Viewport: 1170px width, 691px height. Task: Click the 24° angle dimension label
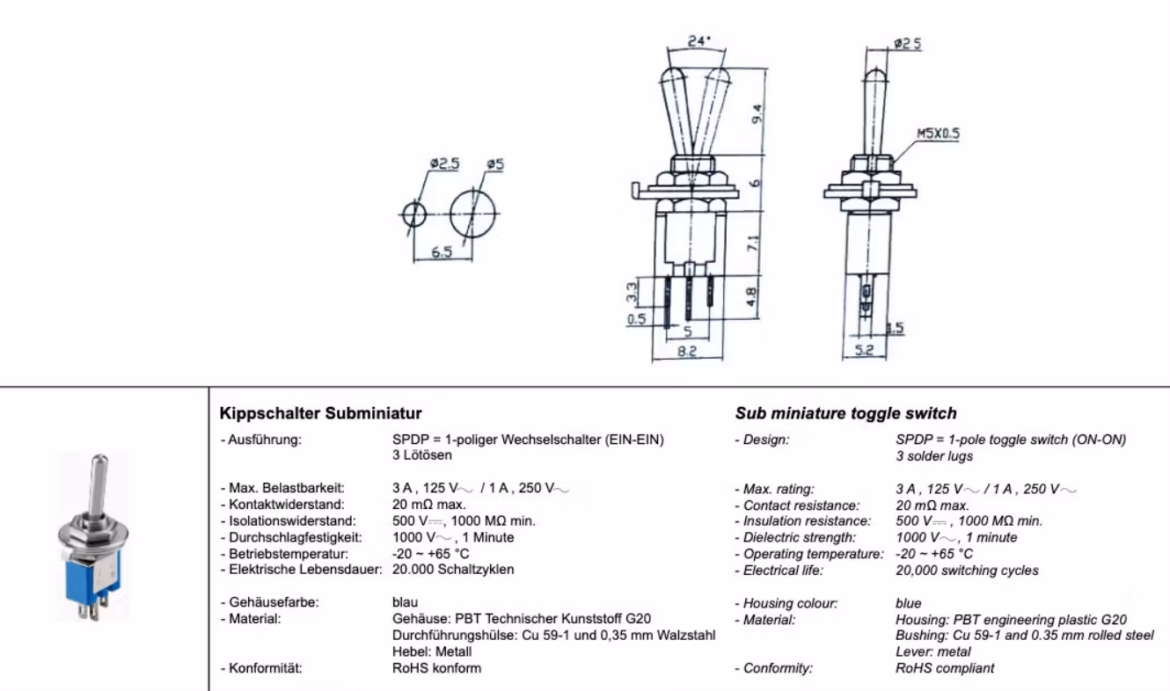[698, 40]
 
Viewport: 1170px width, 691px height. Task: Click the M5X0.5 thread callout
[939, 135]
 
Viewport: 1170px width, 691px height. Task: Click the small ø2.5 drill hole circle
[413, 214]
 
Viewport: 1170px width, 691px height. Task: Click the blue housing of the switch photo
[91, 586]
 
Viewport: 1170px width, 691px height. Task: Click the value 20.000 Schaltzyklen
[452, 569]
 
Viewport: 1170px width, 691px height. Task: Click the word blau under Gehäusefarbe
[405, 603]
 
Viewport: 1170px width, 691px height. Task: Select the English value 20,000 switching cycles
[966, 571]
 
